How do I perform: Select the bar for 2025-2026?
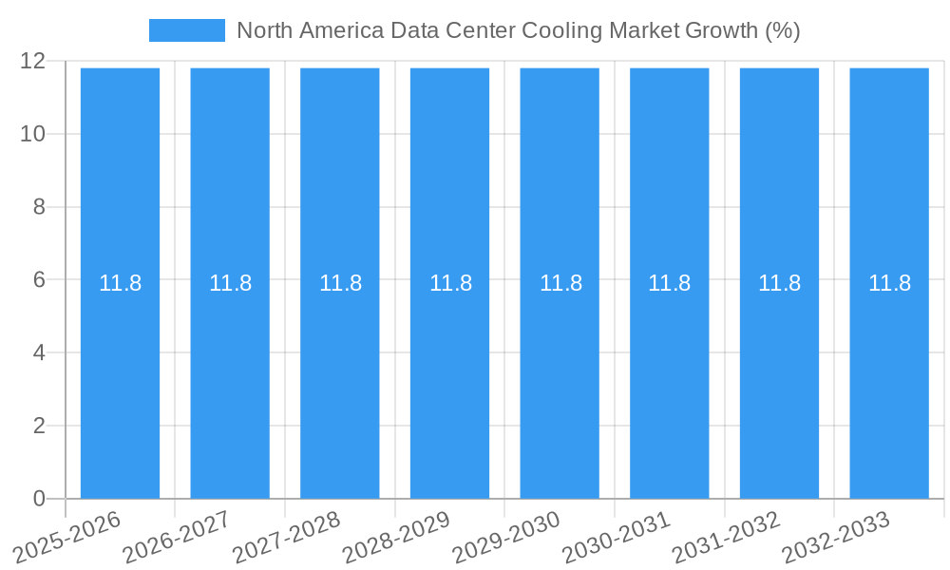(x=120, y=380)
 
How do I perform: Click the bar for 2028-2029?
(x=449, y=380)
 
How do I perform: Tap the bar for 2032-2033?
(x=889, y=380)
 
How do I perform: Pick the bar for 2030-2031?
(x=670, y=380)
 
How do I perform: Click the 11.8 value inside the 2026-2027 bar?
(x=230, y=283)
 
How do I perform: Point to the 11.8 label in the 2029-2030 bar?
(x=560, y=283)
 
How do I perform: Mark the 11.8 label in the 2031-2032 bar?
(x=779, y=283)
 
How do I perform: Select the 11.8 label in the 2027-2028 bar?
(x=340, y=283)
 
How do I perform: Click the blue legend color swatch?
(x=187, y=30)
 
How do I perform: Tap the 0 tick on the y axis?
(x=39, y=499)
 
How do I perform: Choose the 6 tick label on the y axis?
(x=39, y=280)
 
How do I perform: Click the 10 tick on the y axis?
(x=32, y=134)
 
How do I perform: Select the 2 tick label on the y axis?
(x=39, y=426)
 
